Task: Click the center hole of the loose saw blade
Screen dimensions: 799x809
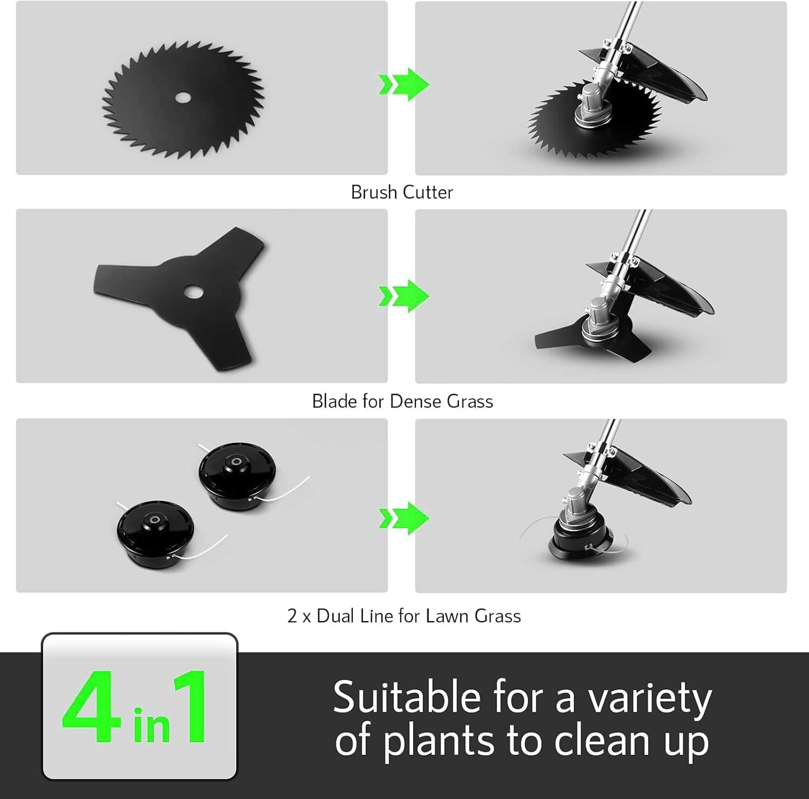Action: coord(183,98)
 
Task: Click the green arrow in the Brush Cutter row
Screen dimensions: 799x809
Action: coord(404,84)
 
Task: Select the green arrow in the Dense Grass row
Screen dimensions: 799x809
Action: coord(404,295)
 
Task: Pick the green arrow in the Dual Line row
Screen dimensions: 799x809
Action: coord(404,518)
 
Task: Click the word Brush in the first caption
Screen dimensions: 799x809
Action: coord(373,192)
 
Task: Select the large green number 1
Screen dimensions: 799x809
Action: coord(191,707)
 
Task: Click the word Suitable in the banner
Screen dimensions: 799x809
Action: coord(406,698)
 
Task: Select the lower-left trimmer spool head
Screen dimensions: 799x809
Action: coord(155,533)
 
